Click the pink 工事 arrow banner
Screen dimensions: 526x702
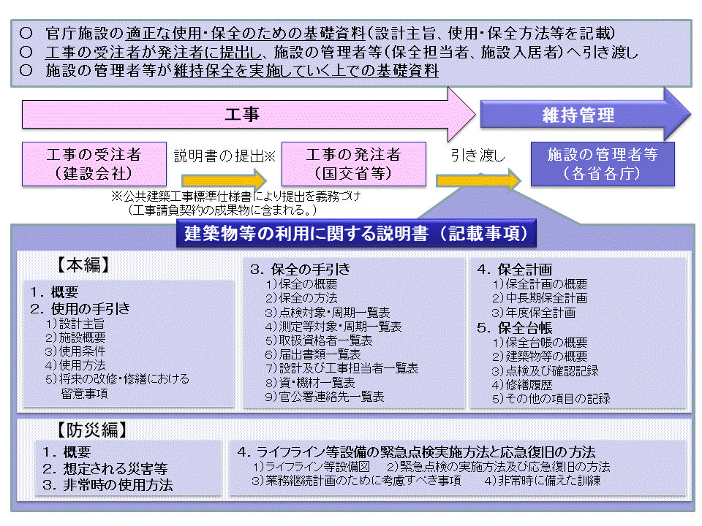pos(241,115)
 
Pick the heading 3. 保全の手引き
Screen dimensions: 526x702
pos(300,269)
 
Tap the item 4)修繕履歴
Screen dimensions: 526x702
pos(523,384)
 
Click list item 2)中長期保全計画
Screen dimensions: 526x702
pos(539,298)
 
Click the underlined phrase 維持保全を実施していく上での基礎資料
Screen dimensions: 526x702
pos(306,71)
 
